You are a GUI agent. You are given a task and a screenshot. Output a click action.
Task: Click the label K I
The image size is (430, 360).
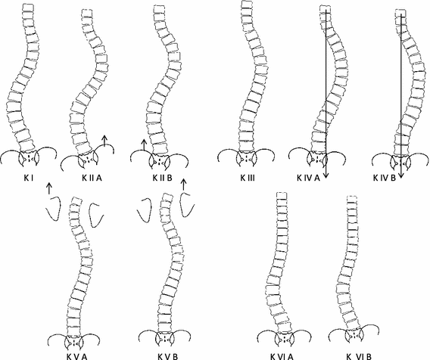tap(29, 178)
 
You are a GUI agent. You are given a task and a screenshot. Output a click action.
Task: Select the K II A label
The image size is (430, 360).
tap(92, 178)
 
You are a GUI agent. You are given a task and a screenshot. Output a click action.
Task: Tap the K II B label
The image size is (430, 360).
tap(162, 178)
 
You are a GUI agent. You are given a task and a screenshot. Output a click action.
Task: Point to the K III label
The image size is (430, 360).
tap(248, 178)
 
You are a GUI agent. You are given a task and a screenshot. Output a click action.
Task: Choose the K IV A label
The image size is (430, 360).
tap(309, 178)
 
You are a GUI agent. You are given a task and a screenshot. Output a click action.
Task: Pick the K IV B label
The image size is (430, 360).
tap(385, 178)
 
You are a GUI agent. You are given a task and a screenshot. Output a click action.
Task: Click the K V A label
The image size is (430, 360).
tap(77, 357)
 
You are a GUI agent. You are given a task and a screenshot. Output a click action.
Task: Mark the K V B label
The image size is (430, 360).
tap(168, 357)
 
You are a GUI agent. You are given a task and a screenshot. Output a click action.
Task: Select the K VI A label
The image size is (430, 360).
tap(282, 357)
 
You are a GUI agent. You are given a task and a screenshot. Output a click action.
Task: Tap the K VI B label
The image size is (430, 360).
tap(359, 357)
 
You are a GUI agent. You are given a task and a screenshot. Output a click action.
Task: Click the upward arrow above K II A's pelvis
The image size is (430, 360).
tap(104, 141)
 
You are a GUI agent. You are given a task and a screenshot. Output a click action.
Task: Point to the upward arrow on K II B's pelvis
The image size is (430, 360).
tap(143, 145)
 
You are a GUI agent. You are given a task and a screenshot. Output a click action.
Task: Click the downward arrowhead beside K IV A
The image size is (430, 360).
tap(326, 176)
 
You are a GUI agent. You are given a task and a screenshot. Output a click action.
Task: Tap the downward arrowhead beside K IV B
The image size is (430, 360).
tap(401, 175)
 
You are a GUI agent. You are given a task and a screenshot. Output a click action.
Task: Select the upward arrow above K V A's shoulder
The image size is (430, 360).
tap(48, 188)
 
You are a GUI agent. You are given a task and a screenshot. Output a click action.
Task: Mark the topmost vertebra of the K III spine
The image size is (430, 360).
tap(246, 5)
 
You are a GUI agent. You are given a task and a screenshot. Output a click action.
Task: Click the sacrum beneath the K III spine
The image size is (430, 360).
tap(246, 158)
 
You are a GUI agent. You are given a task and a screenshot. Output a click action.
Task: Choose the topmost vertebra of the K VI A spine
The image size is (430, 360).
tap(282, 195)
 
